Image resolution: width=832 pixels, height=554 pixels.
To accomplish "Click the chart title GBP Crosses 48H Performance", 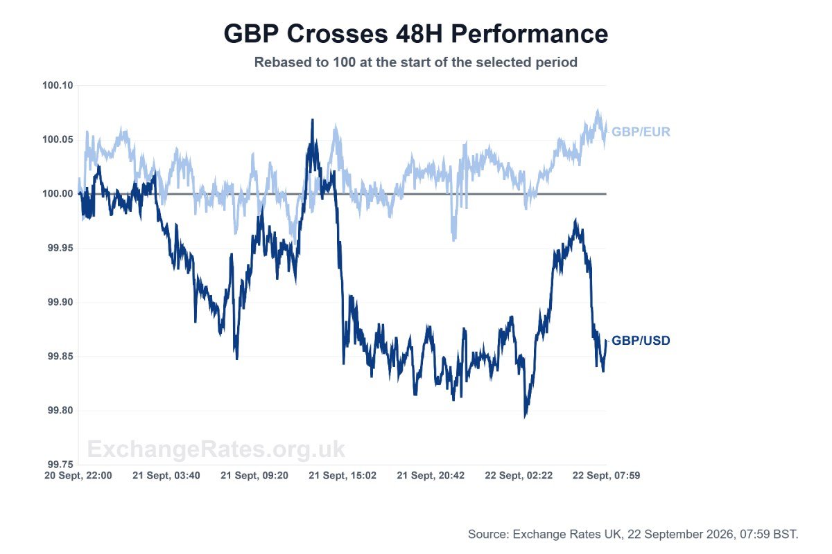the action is pos(415,34).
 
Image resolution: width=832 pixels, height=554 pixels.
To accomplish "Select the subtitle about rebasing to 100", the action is pos(415,62).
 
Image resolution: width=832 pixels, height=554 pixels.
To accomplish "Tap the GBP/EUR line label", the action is pos(641,132).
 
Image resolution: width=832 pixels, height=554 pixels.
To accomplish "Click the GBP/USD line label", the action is pos(641,340).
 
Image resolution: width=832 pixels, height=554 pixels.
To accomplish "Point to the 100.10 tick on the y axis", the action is pos(58,85).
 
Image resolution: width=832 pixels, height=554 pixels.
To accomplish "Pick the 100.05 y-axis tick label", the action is pos(58,139).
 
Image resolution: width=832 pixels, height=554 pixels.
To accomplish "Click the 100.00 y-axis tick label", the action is pos(58,194).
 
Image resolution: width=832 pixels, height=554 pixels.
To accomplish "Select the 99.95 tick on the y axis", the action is pos(60,248).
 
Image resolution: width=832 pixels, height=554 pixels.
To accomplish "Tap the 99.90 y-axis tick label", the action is pos(60,302).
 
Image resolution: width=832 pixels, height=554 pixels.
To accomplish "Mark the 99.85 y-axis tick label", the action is pos(60,356).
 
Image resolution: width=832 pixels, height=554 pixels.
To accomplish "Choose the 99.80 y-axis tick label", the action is pos(60,411).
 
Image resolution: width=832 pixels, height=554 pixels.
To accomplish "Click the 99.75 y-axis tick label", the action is pos(60,465).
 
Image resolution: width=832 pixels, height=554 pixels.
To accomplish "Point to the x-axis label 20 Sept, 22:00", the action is pos(78,476).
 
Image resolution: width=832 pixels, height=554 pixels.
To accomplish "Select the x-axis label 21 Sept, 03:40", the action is pos(166,476).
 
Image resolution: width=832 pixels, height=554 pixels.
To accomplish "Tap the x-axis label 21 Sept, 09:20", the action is pos(254,476).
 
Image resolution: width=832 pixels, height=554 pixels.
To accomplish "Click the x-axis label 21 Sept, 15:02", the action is pos(342,476).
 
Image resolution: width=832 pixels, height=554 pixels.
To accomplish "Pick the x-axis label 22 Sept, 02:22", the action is pos(519,476).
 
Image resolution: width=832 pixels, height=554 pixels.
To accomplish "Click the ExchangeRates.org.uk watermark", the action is pos(216,449).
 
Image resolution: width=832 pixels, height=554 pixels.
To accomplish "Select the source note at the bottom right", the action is pos(633,535).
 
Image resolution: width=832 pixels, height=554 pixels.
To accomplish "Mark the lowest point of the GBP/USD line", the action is pos(525,418).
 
